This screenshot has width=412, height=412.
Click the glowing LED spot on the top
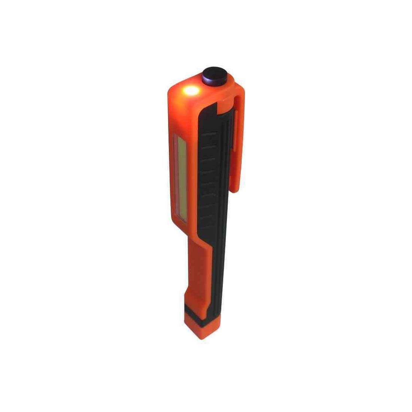click(x=191, y=90)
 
